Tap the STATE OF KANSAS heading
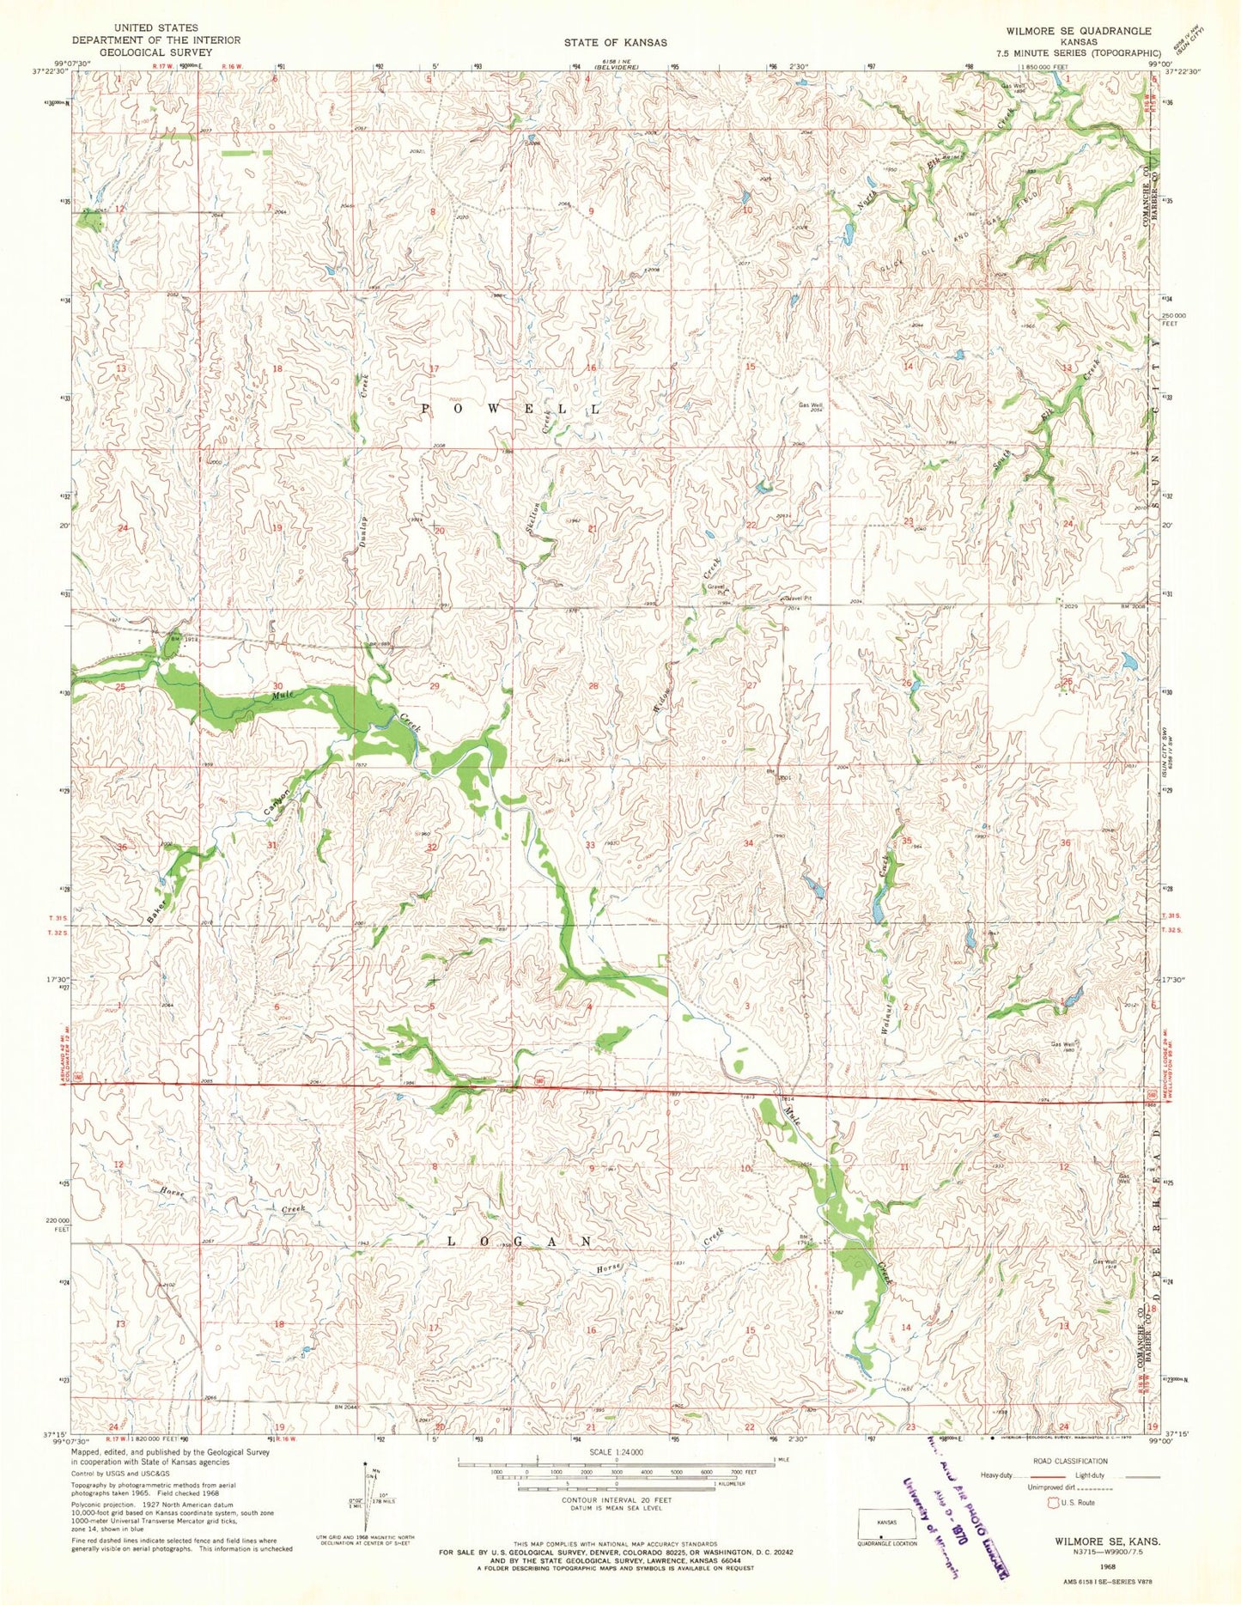pyautogui.click(x=616, y=41)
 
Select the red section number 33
pyautogui.click(x=590, y=845)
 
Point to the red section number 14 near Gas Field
pyautogui.click(x=907, y=366)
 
